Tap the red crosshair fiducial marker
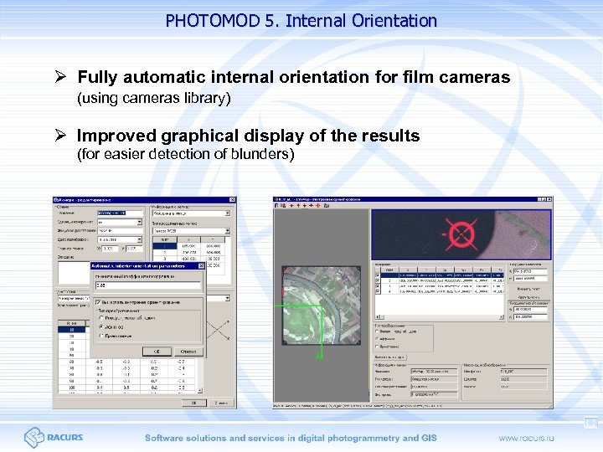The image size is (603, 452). (x=460, y=233)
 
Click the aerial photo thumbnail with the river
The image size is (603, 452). (x=322, y=306)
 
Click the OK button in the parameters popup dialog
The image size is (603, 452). (x=156, y=352)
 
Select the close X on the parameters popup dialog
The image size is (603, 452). (x=201, y=266)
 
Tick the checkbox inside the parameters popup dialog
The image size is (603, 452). (x=99, y=302)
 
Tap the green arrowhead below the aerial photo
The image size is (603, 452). (x=319, y=357)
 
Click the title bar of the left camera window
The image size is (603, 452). (x=142, y=199)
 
